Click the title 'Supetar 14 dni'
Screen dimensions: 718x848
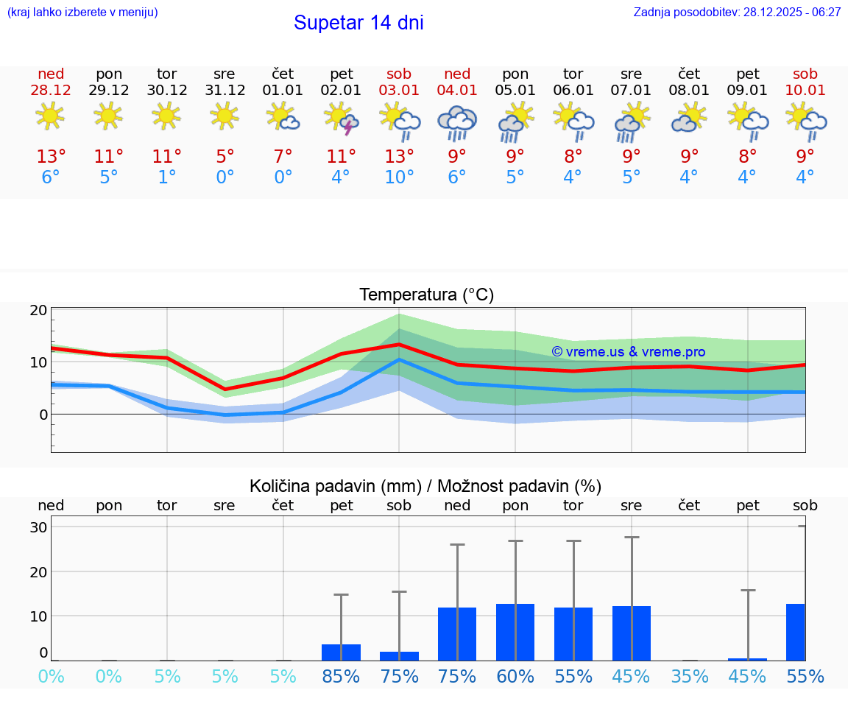[x=358, y=23]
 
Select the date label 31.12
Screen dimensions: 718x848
[x=225, y=90]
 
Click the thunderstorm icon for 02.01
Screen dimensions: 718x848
[x=341, y=119]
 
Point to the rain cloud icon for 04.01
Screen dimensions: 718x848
[x=457, y=122]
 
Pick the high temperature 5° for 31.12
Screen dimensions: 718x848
[x=225, y=156]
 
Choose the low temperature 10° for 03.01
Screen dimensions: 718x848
[x=399, y=177]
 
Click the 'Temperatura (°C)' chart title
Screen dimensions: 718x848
[x=426, y=295]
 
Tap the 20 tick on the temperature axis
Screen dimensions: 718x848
[x=39, y=310]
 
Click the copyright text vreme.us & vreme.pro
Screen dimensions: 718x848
[x=629, y=352]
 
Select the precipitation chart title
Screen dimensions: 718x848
[x=425, y=486]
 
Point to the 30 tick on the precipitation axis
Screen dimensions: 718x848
[x=39, y=527]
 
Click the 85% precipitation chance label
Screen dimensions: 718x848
[x=341, y=676]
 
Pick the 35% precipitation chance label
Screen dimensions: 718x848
[x=689, y=676]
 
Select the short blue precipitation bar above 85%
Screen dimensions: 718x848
[x=341, y=652]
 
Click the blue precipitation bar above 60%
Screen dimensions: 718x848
[x=515, y=632]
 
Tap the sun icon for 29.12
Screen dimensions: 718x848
[x=109, y=116]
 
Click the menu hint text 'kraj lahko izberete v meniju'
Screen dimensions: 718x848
[x=82, y=13]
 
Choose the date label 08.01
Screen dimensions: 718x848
[x=689, y=90]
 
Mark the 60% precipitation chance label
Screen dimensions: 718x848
[x=515, y=676]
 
